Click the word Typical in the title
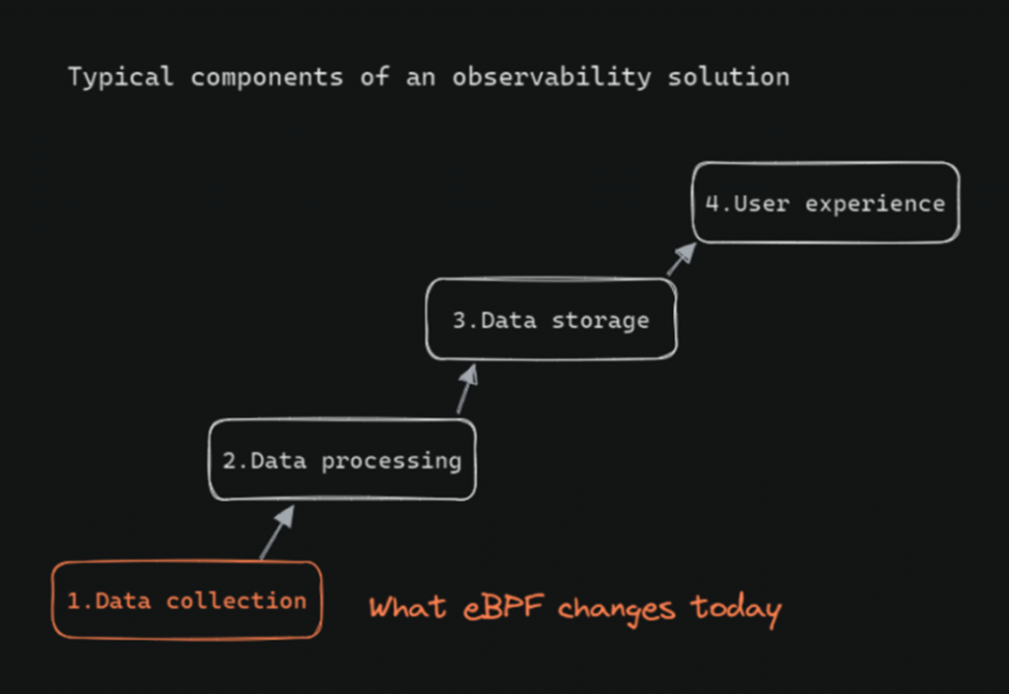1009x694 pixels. click(x=121, y=78)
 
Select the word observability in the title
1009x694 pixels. click(x=552, y=77)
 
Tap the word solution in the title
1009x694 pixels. click(x=728, y=77)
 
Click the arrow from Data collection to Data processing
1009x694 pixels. click(x=277, y=532)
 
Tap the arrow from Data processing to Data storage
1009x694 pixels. click(x=467, y=389)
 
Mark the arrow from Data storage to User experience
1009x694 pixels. click(x=682, y=259)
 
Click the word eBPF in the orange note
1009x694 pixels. click(x=504, y=606)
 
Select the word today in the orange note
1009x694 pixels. click(x=736, y=609)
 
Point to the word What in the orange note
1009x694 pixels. click(x=407, y=606)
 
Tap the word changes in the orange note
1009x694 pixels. click(x=617, y=608)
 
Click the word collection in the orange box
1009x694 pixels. click(x=236, y=600)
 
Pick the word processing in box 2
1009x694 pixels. click(x=391, y=462)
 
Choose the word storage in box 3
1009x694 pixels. click(x=600, y=321)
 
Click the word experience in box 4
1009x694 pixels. click(x=875, y=205)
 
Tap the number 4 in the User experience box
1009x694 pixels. click(x=711, y=203)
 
